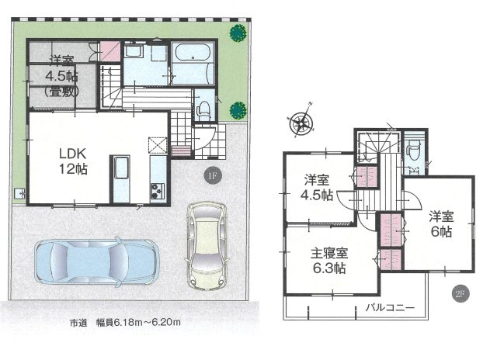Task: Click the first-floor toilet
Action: point(203,108)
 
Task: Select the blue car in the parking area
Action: point(96,261)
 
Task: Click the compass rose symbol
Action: point(299,121)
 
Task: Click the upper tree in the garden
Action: point(237,33)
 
